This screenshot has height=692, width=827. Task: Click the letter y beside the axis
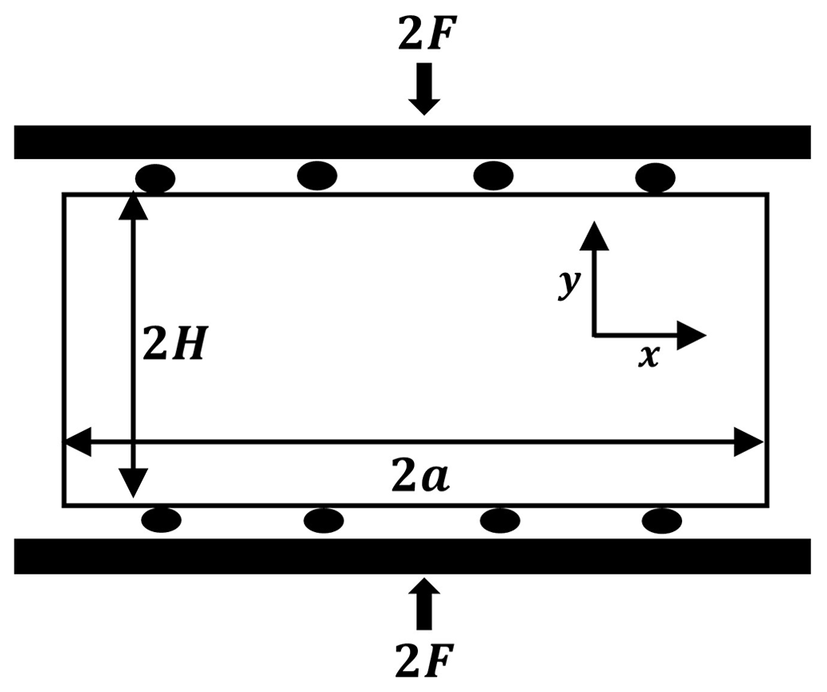tap(568, 283)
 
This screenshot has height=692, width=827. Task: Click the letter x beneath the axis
tap(648, 356)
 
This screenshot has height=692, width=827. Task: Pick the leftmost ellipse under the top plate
tap(155, 178)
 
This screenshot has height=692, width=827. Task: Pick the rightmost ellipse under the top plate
tap(656, 177)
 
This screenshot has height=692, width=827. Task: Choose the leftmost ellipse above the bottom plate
tap(161, 520)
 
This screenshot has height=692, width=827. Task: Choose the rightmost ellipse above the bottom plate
tap(662, 521)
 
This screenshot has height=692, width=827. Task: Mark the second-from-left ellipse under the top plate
tap(317, 175)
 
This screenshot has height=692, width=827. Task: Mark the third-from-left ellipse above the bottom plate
tap(500, 520)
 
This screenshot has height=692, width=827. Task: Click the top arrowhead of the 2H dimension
tap(133, 205)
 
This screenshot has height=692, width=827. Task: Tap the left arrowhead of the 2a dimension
tap(78, 442)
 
